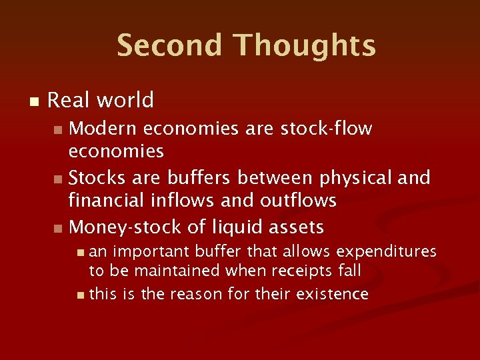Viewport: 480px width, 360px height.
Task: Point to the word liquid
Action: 237,228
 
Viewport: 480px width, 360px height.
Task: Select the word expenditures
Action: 387,251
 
